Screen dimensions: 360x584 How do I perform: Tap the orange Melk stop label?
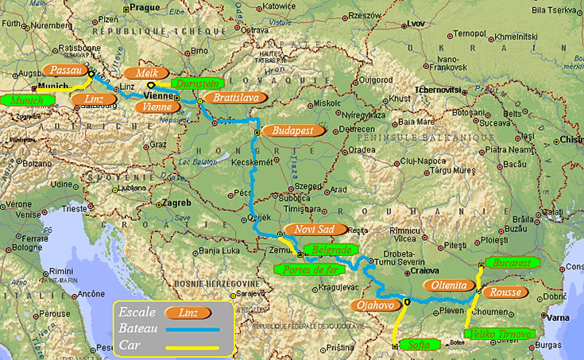click(147, 72)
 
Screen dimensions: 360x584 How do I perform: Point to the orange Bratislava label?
click(235, 98)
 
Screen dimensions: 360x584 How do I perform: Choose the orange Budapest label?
click(293, 130)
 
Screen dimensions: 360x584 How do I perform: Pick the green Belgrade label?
click(329, 250)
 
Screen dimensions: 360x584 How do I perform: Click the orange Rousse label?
click(505, 292)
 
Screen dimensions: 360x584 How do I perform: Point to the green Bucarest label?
click(510, 262)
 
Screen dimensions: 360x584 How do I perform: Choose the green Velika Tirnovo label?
click(498, 335)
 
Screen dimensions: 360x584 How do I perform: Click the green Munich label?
click(26, 101)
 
